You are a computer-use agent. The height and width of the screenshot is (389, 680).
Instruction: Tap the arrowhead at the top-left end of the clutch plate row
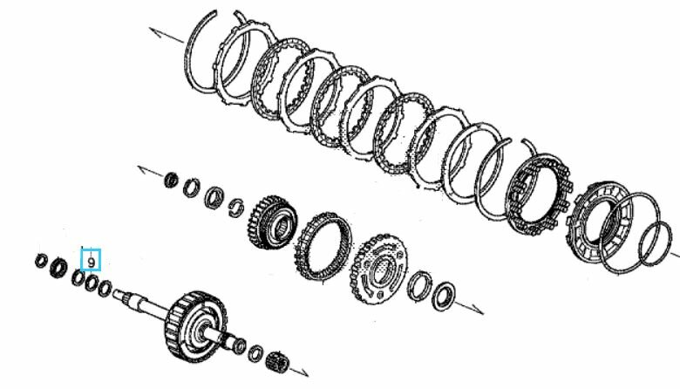pyautogui.click(x=154, y=31)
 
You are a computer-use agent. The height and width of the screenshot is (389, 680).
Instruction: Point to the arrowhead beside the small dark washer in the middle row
pyautogui.click(x=144, y=169)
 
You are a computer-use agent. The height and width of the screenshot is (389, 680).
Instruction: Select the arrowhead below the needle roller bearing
pyautogui.click(x=303, y=372)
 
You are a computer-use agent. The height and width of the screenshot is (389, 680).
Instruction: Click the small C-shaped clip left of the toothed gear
pyautogui.click(x=236, y=208)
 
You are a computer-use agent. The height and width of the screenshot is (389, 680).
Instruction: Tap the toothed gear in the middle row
pyautogui.click(x=273, y=222)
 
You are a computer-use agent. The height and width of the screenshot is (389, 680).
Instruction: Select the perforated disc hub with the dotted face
pyautogui.click(x=379, y=269)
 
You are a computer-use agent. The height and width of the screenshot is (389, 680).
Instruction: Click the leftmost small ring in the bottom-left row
pyautogui.click(x=41, y=260)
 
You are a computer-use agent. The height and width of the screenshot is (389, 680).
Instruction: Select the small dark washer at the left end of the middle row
pyautogui.click(x=172, y=180)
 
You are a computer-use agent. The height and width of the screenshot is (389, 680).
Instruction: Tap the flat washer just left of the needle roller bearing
pyautogui.click(x=255, y=353)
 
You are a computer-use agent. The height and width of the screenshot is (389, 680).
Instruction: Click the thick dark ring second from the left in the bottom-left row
pyautogui.click(x=58, y=268)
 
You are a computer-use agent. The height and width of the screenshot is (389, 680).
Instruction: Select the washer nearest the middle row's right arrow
pyautogui.click(x=444, y=297)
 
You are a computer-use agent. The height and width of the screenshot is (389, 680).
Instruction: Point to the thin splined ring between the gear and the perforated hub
pyautogui.click(x=323, y=246)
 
